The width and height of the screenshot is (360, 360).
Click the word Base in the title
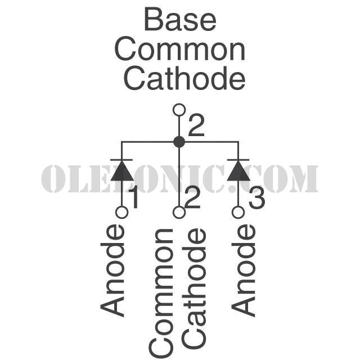(x=180, y=19)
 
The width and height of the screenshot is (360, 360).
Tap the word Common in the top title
(x=180, y=49)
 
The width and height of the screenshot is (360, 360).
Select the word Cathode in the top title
(x=184, y=78)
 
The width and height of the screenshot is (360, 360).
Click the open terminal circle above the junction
(x=179, y=110)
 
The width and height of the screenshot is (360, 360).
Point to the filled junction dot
(x=179, y=142)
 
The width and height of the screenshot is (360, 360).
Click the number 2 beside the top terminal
(x=196, y=126)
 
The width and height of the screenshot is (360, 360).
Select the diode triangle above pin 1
(x=122, y=171)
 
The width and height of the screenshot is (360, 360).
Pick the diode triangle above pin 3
(x=238, y=171)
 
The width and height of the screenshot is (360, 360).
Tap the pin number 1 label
(x=134, y=198)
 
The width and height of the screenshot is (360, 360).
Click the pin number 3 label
(x=257, y=198)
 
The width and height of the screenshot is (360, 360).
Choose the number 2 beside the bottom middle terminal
(x=192, y=198)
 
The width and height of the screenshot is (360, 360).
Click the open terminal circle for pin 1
(x=122, y=212)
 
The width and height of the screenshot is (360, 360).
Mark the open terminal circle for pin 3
(x=238, y=212)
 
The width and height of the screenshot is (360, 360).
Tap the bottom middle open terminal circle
(x=179, y=212)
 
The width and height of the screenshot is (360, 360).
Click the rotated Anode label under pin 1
(x=112, y=271)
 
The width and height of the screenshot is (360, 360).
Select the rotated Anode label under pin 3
(x=244, y=271)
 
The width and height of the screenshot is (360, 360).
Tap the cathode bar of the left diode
(x=121, y=160)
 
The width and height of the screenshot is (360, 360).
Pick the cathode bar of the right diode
(x=238, y=160)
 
